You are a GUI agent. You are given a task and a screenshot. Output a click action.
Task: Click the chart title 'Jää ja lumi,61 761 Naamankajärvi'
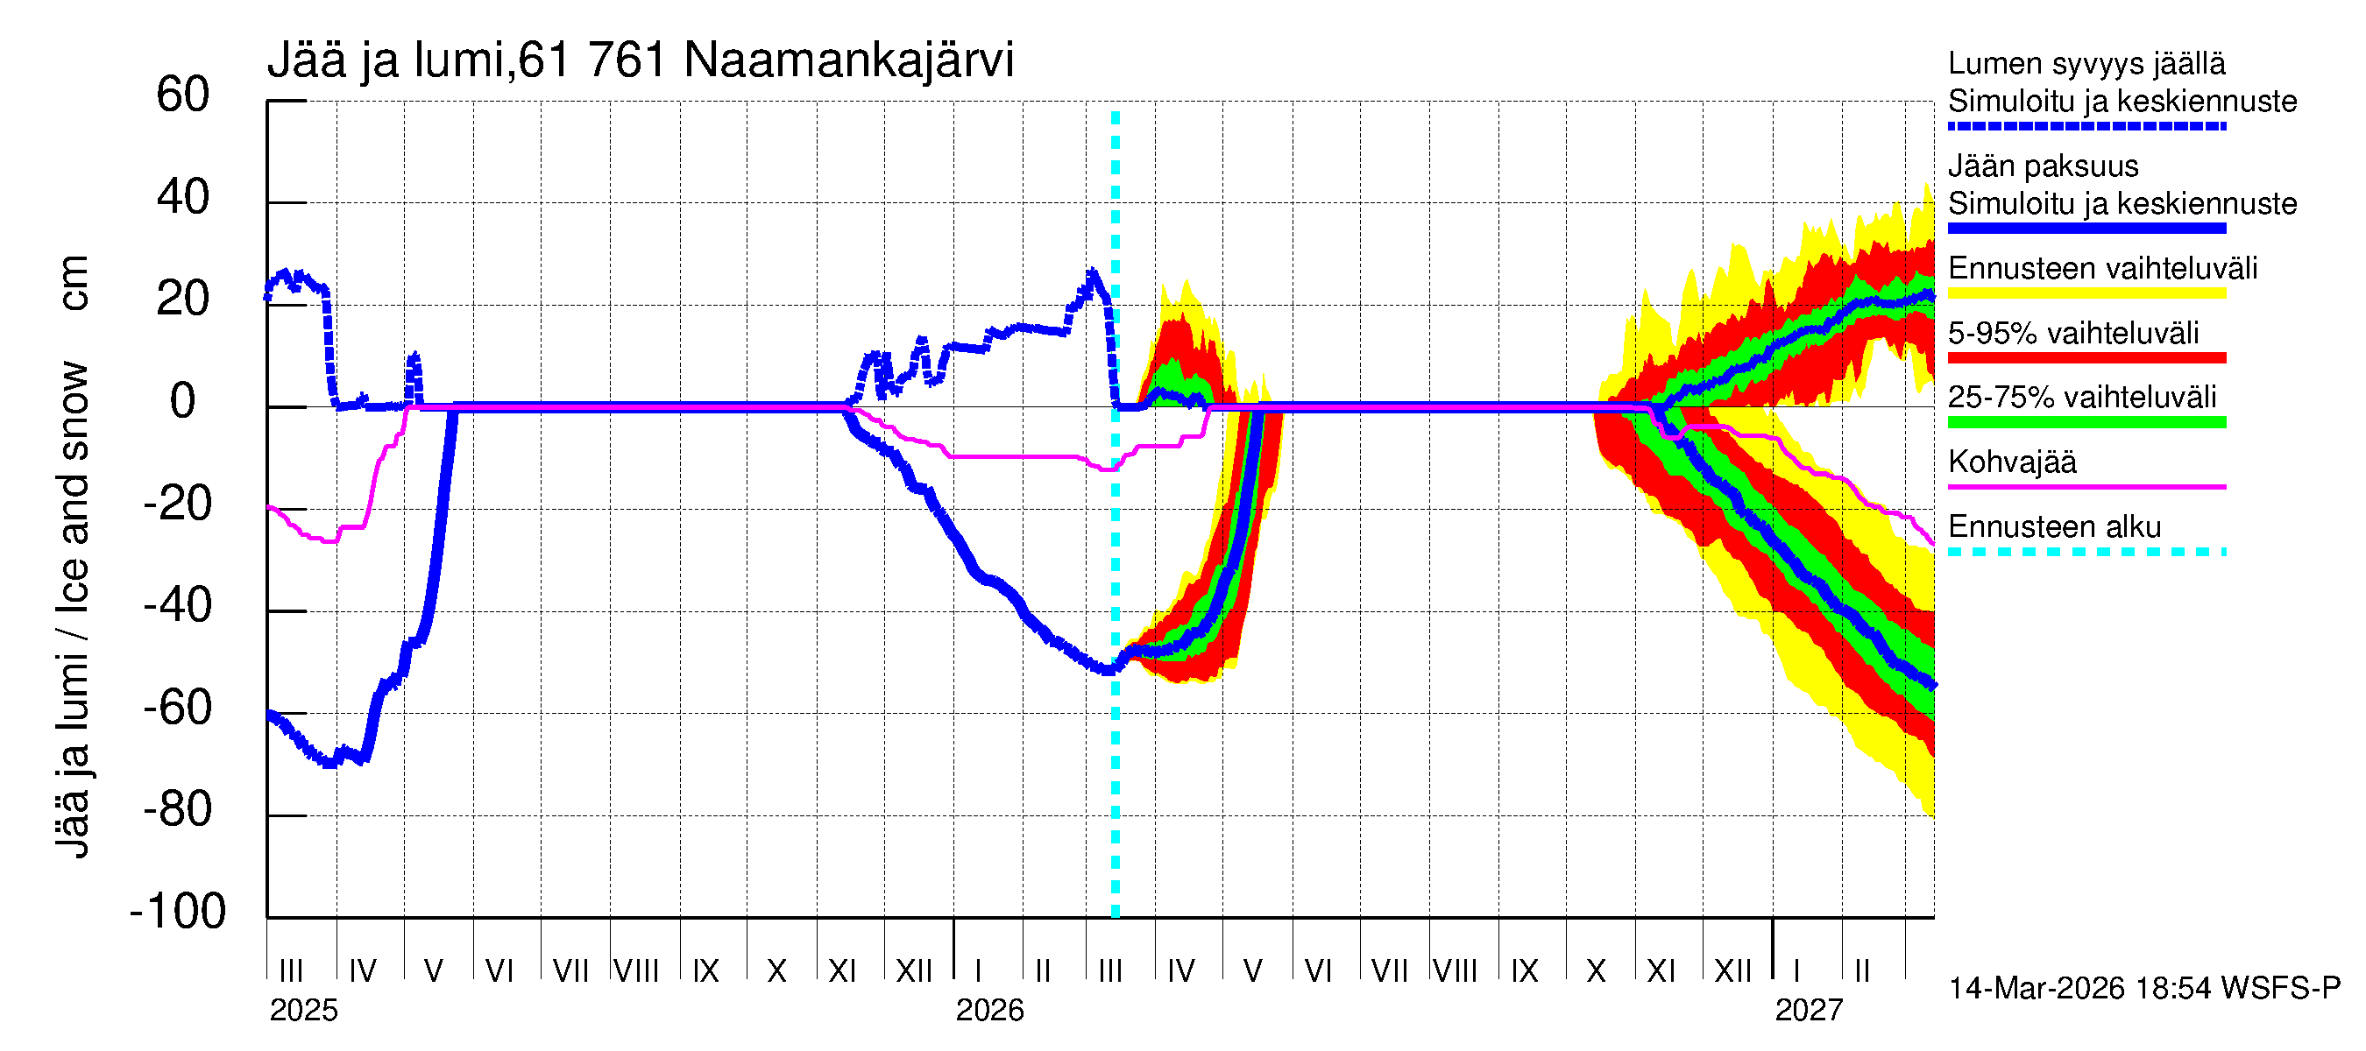(641, 60)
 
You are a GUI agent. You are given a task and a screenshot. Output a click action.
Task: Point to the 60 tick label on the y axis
(183, 95)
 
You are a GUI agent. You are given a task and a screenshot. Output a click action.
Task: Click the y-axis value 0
(183, 401)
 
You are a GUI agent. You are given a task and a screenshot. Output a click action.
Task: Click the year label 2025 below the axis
(303, 1011)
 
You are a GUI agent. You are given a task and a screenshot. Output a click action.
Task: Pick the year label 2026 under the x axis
(989, 1011)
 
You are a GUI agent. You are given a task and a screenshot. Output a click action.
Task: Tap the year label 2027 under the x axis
(1809, 1011)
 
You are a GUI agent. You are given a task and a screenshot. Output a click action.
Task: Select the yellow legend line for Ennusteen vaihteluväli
(2086, 293)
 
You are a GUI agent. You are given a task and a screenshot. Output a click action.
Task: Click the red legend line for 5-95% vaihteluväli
(2086, 358)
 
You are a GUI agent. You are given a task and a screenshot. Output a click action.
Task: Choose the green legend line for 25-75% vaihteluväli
(2086, 422)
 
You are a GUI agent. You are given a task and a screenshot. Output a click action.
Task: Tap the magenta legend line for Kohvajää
(2086, 486)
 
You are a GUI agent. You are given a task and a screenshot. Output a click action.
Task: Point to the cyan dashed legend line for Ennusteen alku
(2086, 552)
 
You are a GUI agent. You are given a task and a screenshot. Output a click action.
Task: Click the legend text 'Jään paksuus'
(2043, 166)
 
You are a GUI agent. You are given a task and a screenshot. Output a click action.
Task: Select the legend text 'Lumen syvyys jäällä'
(2086, 64)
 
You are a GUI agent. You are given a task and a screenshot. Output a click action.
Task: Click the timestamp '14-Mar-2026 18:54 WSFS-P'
(2143, 989)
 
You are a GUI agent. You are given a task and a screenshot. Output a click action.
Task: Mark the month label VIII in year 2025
(636, 971)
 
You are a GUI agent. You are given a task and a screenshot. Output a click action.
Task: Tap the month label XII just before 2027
(1733, 971)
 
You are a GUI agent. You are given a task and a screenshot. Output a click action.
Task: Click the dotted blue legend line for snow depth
(2086, 127)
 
